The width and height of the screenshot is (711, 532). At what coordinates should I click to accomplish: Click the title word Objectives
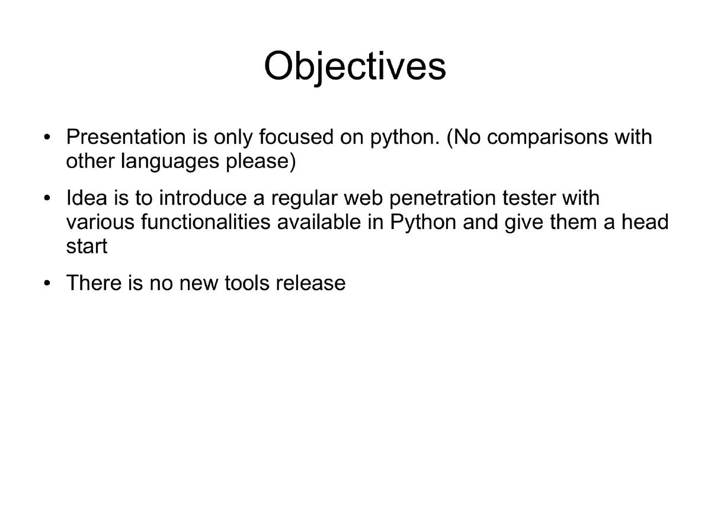[x=355, y=66]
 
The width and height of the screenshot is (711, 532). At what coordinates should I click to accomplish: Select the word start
[x=87, y=246]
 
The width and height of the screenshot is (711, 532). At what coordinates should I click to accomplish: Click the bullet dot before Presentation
[x=47, y=138]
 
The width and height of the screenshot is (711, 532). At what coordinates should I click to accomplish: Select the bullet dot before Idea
[x=47, y=199]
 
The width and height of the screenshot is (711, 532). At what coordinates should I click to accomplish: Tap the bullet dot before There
[x=47, y=284]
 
